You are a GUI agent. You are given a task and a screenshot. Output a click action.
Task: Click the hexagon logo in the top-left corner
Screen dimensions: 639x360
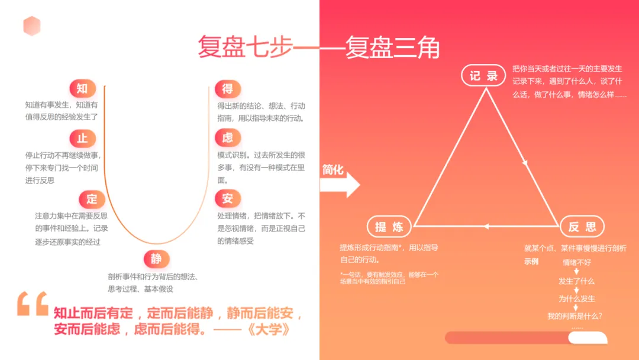click(x=31, y=26)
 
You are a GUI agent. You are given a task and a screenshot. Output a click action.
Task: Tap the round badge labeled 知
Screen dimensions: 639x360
click(x=82, y=89)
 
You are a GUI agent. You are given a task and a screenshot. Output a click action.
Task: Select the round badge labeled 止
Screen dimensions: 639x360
click(x=82, y=139)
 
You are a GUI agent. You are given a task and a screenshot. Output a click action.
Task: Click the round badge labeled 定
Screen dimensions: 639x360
click(x=92, y=199)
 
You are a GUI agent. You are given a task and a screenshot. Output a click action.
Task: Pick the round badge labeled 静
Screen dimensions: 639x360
click(x=156, y=259)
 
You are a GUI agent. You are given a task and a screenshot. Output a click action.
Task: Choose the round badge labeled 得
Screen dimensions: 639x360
click(x=228, y=89)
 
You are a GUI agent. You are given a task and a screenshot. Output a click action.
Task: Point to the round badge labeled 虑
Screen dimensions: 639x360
click(x=228, y=139)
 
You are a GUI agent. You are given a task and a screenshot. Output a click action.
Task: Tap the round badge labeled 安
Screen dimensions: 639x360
click(x=228, y=198)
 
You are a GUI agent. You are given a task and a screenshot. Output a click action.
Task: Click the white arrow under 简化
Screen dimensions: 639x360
click(x=340, y=185)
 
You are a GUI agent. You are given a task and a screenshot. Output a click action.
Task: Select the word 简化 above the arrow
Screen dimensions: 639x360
click(x=333, y=170)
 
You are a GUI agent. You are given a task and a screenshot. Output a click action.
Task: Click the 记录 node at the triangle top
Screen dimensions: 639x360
click(x=484, y=76)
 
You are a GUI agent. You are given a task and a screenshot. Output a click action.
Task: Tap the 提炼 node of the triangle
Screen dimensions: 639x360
click(x=389, y=227)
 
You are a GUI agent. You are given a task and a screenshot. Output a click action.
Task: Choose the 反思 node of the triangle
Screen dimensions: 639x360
click(x=582, y=227)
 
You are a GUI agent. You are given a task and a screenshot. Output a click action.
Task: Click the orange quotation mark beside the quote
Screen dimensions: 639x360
click(x=33, y=304)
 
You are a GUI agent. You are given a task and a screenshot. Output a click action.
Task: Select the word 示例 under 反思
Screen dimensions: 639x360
click(x=531, y=262)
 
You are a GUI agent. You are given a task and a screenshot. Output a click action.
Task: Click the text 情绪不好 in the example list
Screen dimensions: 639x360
click(x=577, y=262)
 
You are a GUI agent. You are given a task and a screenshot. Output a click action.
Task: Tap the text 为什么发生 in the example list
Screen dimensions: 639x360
click(x=577, y=298)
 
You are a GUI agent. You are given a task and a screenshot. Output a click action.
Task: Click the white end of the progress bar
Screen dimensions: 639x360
click(x=587, y=337)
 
